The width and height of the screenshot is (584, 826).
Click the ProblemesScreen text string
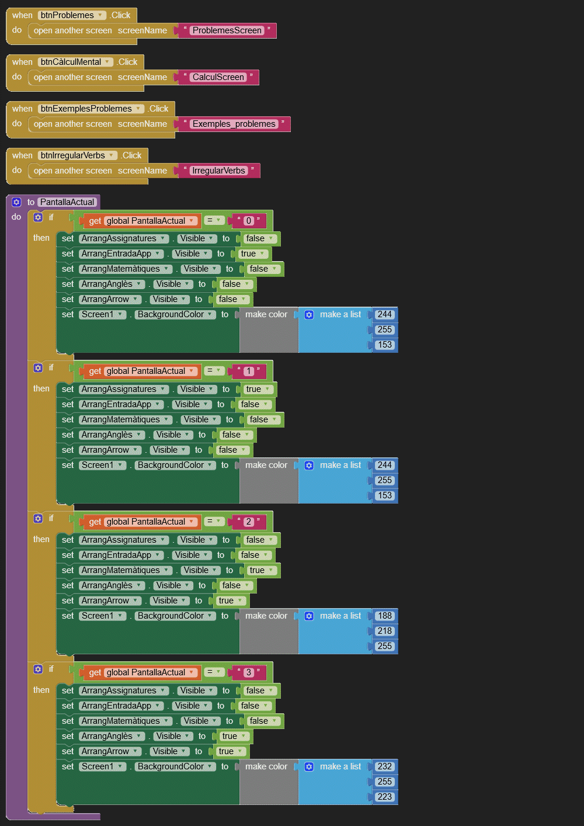[227, 30]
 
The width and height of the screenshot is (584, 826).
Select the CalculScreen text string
[218, 77]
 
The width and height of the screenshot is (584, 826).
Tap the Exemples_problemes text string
[234, 124]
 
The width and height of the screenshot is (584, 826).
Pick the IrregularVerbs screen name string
[218, 171]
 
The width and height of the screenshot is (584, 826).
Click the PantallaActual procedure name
[67, 202]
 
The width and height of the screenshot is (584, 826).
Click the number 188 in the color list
[384, 616]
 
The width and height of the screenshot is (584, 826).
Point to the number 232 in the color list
[384, 766]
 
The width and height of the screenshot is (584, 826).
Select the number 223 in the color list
[384, 797]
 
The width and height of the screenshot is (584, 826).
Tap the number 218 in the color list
[384, 631]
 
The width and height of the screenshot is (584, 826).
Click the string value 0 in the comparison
[248, 221]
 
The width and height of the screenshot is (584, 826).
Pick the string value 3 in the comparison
[248, 672]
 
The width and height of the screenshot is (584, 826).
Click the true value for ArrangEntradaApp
[249, 254]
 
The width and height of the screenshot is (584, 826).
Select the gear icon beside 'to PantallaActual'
[16, 202]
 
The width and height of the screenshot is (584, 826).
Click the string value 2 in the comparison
[248, 522]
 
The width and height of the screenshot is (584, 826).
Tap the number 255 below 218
[384, 646]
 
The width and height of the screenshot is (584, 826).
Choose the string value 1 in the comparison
[248, 371]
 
